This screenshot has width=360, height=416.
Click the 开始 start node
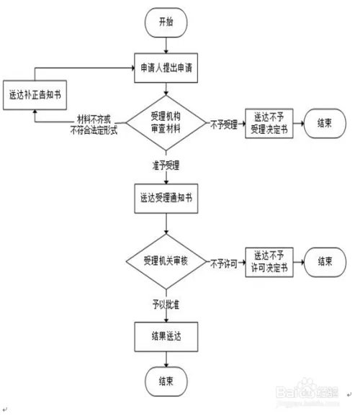click(166, 22)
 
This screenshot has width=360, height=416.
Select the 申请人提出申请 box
click(166, 71)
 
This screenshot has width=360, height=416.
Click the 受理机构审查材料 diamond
click(166, 122)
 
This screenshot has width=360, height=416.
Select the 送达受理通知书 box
click(166, 196)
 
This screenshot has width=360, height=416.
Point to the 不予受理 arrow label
click(225, 122)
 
